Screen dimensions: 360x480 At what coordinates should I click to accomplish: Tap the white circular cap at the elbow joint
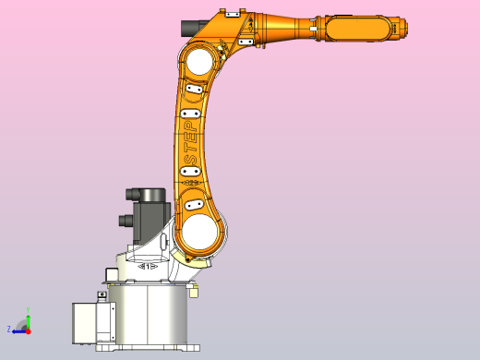(x=199, y=63)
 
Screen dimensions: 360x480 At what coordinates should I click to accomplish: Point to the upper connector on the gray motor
(x=136, y=194)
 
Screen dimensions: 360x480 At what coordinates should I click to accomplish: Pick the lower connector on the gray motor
(x=126, y=222)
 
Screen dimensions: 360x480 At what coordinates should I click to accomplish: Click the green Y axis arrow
(x=28, y=316)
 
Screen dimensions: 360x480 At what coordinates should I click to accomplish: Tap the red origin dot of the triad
(x=28, y=329)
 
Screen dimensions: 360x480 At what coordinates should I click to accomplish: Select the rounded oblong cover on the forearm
(x=354, y=30)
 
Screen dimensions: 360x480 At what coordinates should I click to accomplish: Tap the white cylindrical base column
(x=148, y=314)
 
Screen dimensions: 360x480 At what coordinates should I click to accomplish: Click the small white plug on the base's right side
(x=193, y=293)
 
